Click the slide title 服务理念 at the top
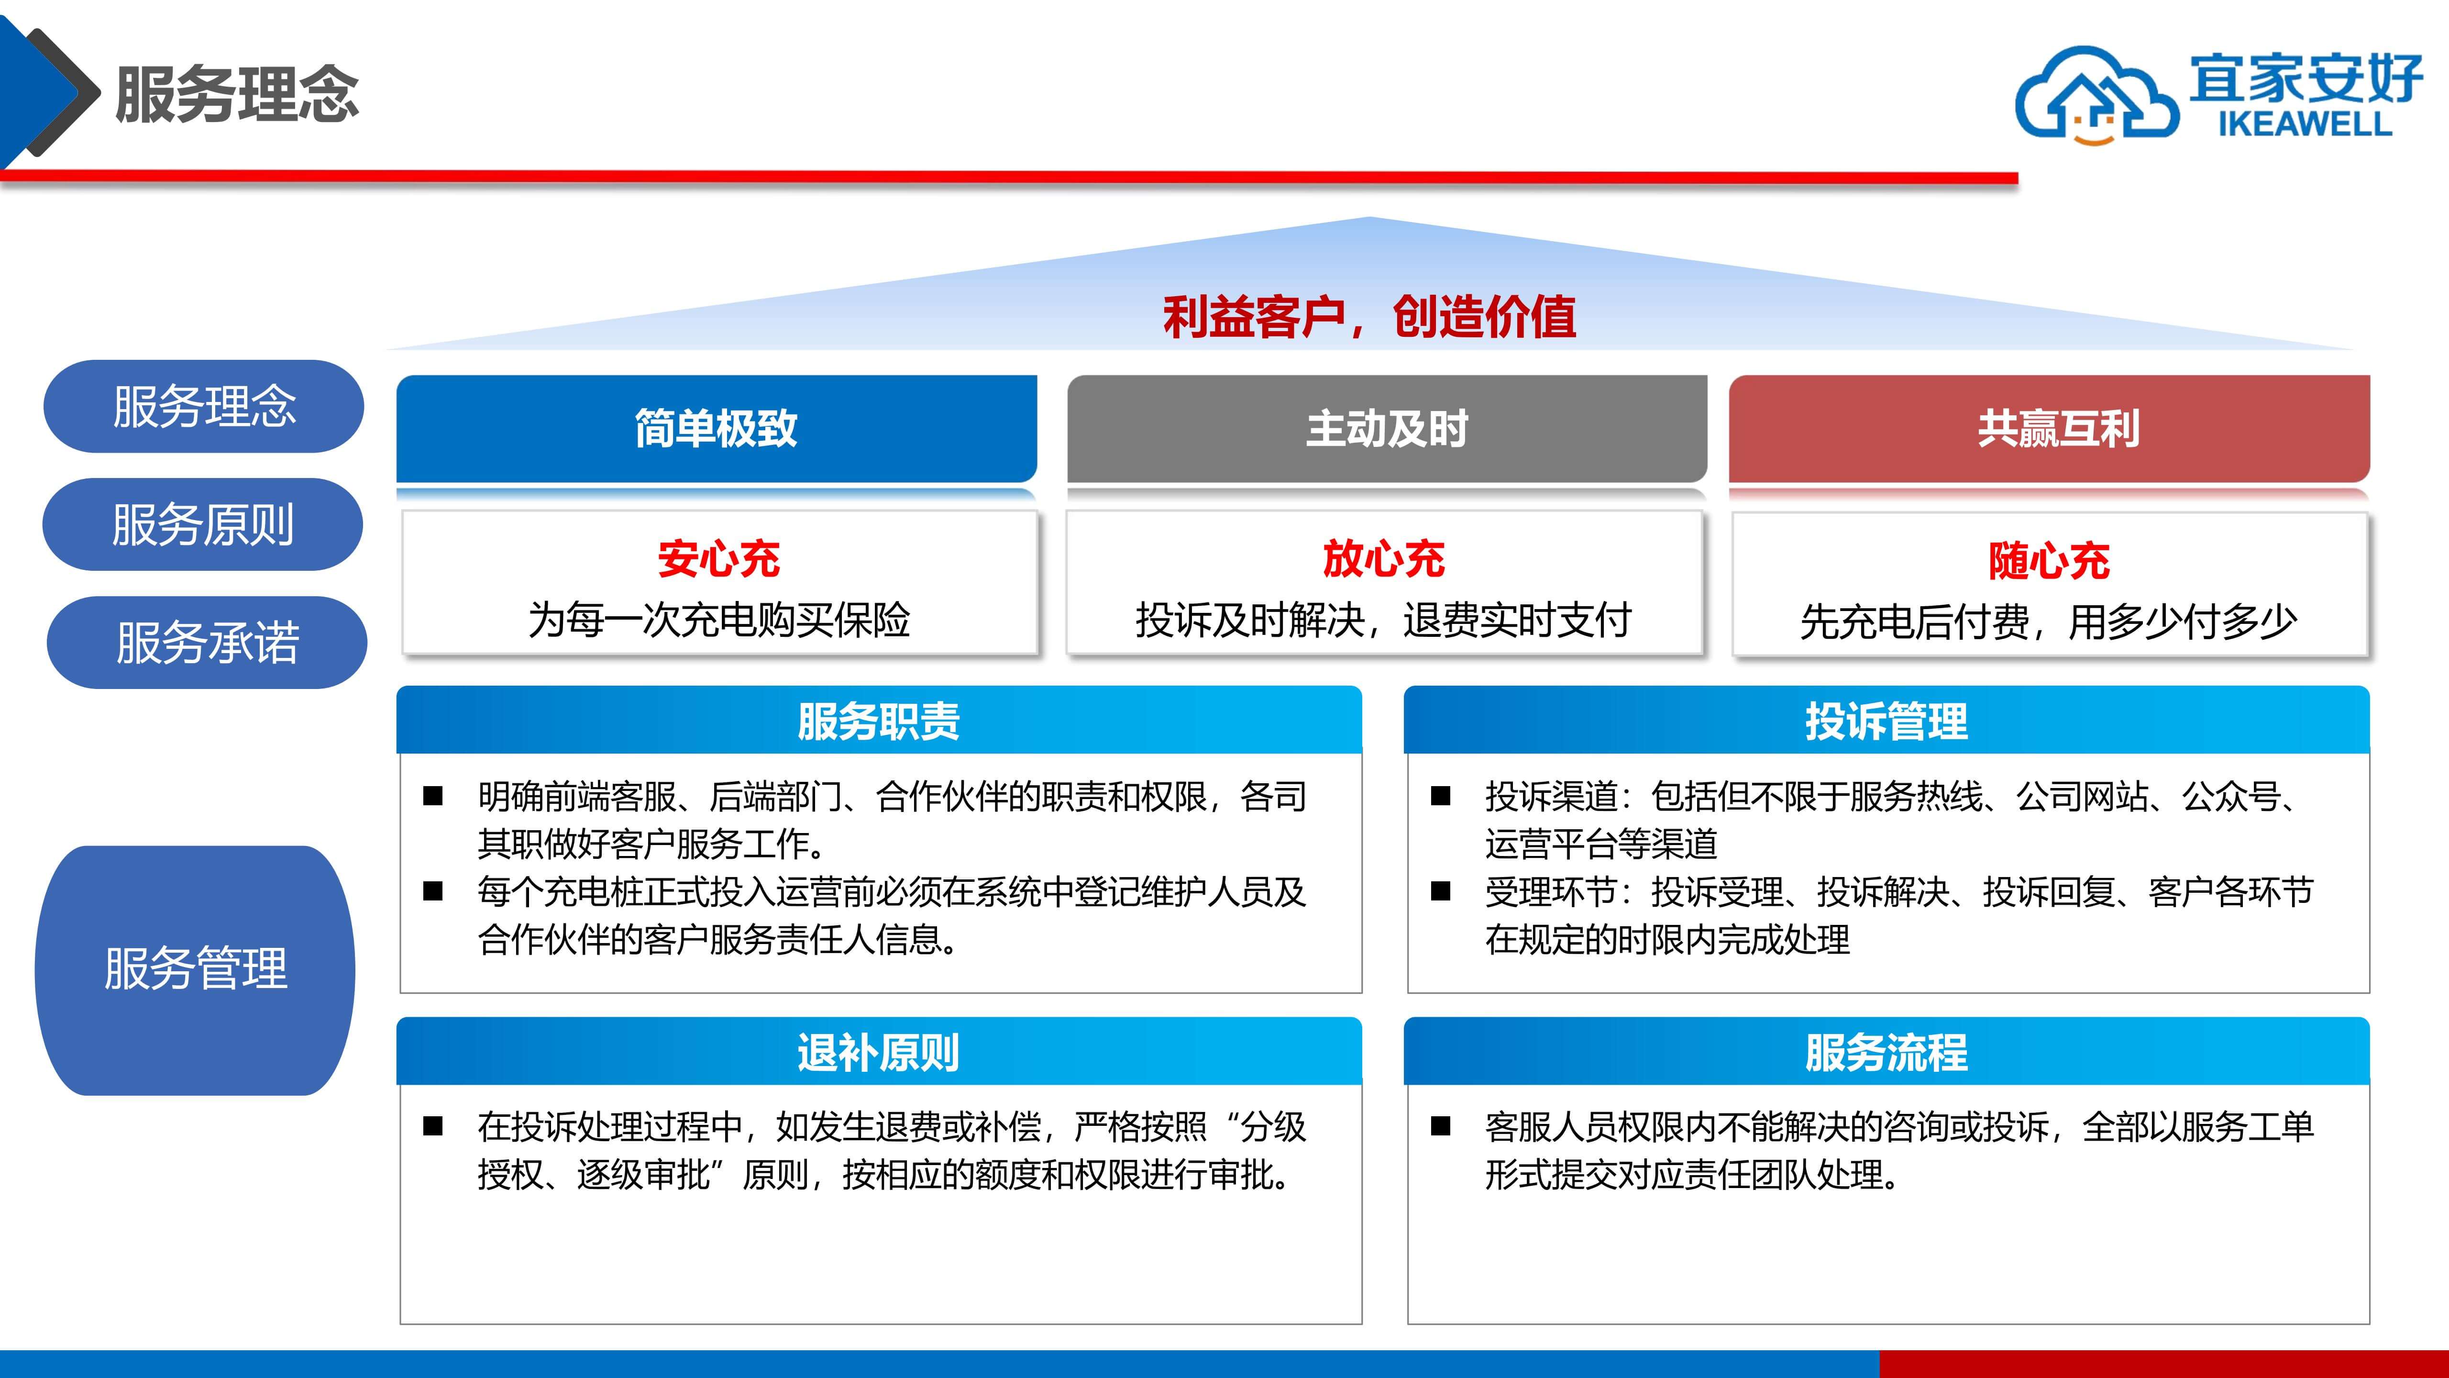(x=237, y=94)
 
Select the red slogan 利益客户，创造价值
(x=1369, y=317)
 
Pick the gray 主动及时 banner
(x=1387, y=429)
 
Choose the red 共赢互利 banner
(x=2049, y=429)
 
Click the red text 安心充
(x=719, y=558)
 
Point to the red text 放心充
(x=1384, y=558)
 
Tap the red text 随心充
(x=2049, y=560)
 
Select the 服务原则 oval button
(x=202, y=524)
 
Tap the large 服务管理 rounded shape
(x=195, y=970)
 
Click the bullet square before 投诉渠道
(x=1441, y=796)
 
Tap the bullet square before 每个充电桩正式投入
(x=433, y=891)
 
